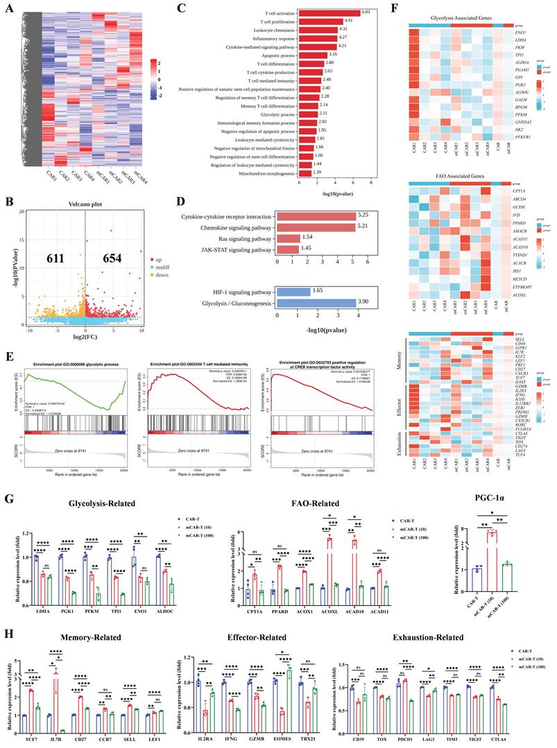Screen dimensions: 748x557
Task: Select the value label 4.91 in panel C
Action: pos(351,21)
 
